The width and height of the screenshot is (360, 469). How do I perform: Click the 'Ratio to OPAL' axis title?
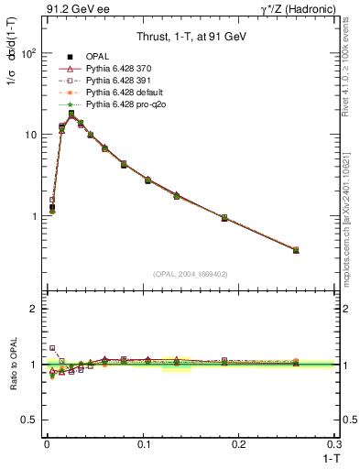click(x=13, y=365)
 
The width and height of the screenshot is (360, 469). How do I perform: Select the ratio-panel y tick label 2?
click(x=33, y=309)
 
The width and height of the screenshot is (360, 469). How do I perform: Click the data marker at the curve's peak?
click(x=71, y=115)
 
